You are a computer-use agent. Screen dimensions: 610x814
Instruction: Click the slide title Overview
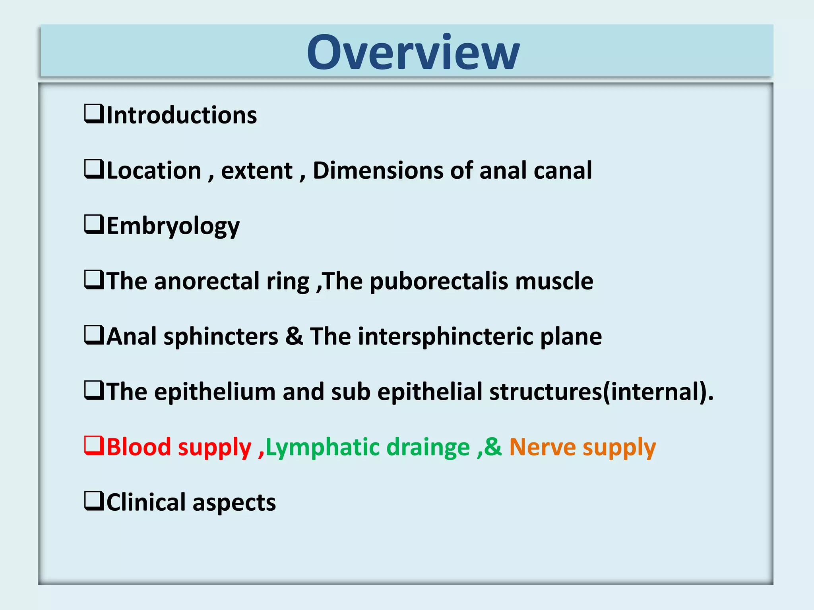pos(413,52)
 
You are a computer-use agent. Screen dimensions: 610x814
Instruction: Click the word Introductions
pos(182,115)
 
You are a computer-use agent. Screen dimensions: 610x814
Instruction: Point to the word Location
pos(154,170)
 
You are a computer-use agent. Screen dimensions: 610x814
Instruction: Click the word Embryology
pos(173,226)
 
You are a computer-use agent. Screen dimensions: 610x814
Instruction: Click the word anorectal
pos(207,281)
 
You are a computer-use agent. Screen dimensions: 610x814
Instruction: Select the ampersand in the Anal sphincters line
pos(294,336)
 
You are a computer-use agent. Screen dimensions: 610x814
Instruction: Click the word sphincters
pos(221,337)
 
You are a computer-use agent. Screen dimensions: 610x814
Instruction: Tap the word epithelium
pos(215,392)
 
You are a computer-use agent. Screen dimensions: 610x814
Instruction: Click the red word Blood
pos(139,447)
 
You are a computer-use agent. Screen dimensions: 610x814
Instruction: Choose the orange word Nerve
pos(542,447)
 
